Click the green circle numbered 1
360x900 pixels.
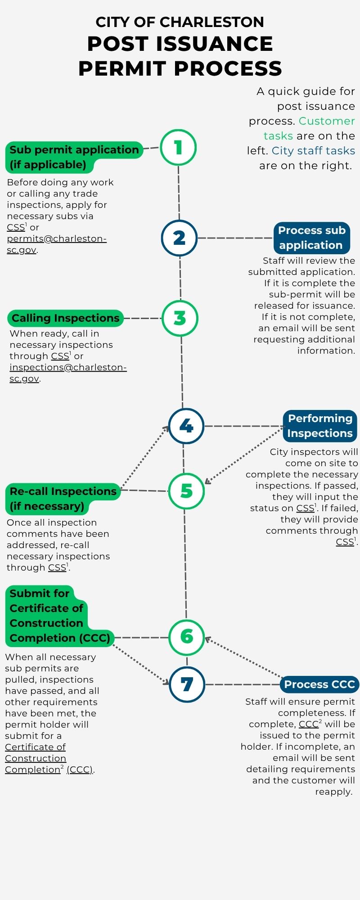[178, 147]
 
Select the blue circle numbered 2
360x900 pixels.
[179, 238]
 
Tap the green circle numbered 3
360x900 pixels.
[180, 318]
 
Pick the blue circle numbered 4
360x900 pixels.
[186, 426]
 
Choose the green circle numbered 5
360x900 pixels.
[186, 490]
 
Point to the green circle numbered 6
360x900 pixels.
[186, 636]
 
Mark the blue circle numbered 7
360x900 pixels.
[187, 684]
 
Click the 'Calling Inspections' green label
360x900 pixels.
[65, 318]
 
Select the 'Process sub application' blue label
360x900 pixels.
[311, 238]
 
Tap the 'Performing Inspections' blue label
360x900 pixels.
[320, 426]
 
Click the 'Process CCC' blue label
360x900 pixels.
[319, 684]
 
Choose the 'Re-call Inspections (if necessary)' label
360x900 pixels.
[63, 499]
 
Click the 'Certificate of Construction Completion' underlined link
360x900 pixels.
[36, 758]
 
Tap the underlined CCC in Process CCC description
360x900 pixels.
[309, 724]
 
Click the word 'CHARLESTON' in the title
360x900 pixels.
[212, 22]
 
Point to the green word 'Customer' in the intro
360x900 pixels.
[327, 121]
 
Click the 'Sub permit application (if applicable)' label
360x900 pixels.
[74, 157]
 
